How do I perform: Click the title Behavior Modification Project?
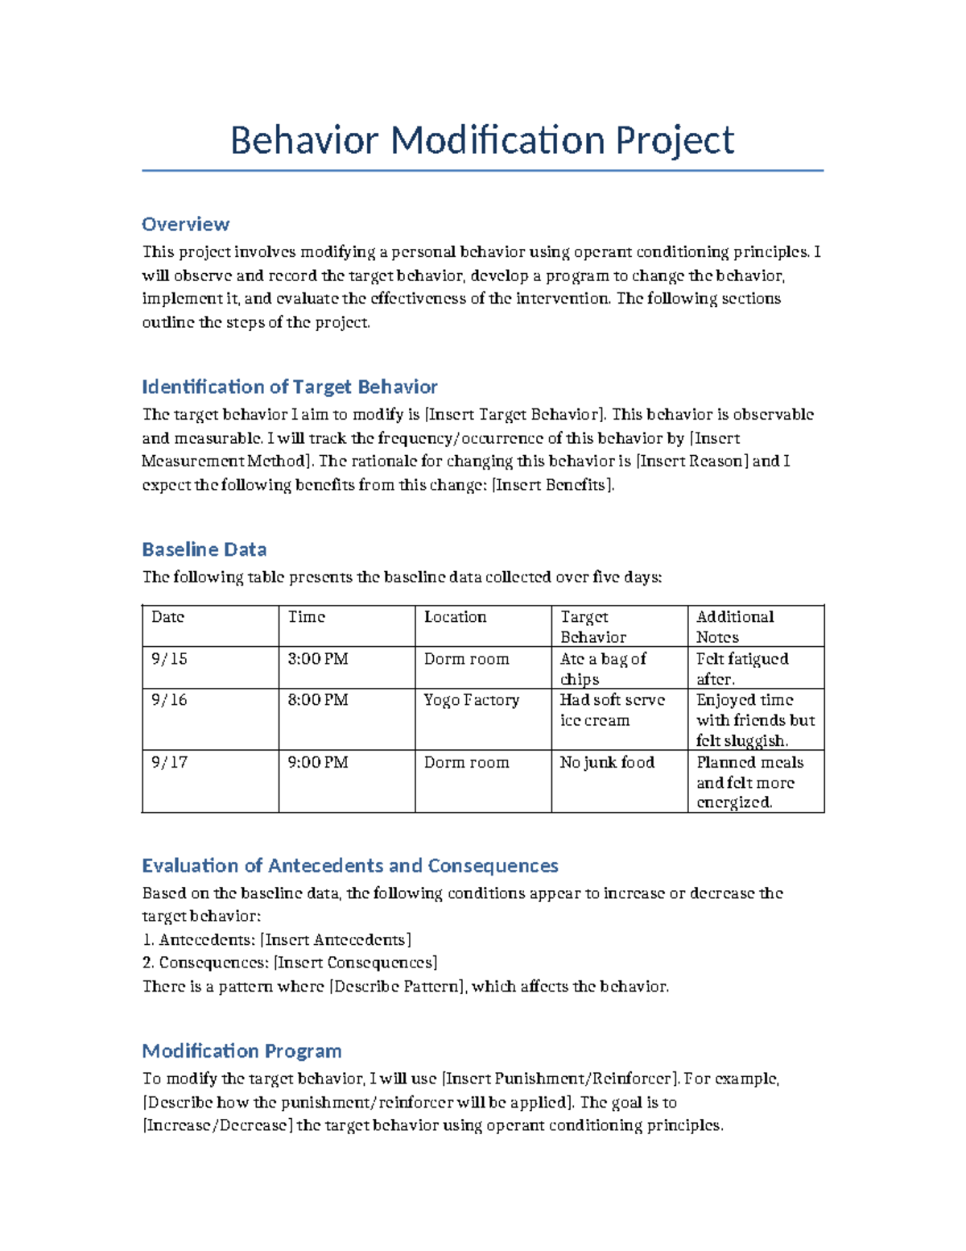[481, 140]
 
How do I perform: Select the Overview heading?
[185, 224]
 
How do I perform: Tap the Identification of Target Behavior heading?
[289, 387]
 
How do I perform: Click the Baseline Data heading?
[204, 549]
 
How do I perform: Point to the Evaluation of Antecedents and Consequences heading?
[349, 865]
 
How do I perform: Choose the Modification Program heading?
[242, 1050]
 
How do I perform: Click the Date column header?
[167, 617]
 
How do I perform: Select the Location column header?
[455, 617]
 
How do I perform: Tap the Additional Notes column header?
[734, 626]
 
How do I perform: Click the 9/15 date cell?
[169, 659]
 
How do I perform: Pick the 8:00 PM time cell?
[317, 700]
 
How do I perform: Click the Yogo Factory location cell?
[471, 700]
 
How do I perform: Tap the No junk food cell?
[607, 762]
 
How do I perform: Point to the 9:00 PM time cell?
[317, 762]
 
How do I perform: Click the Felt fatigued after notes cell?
[741, 668]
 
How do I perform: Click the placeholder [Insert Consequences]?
[355, 963]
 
